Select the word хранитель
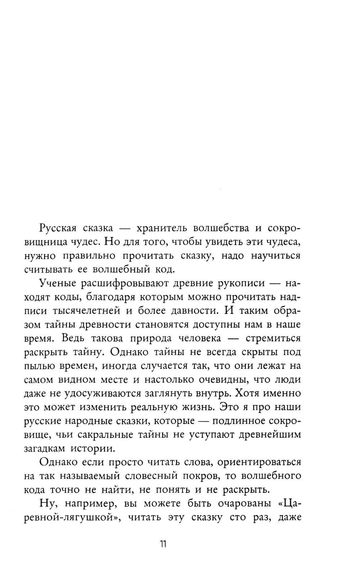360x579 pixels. pos(158,228)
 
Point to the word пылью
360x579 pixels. pos(39,366)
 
